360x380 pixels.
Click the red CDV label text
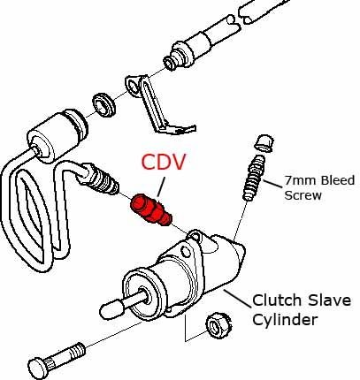pyautogui.click(x=164, y=162)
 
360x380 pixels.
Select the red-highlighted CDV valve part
pyautogui.click(x=151, y=209)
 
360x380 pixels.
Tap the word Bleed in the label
pyautogui.click(x=337, y=180)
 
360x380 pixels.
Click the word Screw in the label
pyautogui.click(x=303, y=195)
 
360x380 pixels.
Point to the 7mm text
pyautogui.click(x=301, y=180)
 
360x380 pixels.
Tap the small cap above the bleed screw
pyautogui.click(x=264, y=143)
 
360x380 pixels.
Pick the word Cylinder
pyautogui.click(x=285, y=320)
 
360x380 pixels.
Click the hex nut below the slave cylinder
pyautogui.click(x=218, y=325)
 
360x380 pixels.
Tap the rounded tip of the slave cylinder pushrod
pyautogui.click(x=111, y=309)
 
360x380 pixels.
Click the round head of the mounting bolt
pyautogui.click(x=38, y=368)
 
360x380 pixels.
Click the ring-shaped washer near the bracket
pyautogui.click(x=104, y=105)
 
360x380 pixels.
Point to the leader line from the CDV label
pyautogui.click(x=161, y=186)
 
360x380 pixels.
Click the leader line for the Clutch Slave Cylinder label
pyautogui.click(x=238, y=299)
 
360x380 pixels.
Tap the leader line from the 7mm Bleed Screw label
pyautogui.click(x=272, y=184)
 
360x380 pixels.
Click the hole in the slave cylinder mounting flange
pyautogui.click(x=187, y=252)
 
